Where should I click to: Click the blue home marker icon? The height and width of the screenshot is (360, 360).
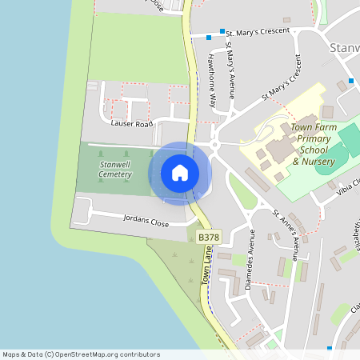180,173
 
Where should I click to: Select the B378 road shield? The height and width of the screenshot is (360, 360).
209,237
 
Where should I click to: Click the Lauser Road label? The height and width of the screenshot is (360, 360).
132,125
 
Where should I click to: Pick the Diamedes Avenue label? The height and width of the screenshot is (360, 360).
250,260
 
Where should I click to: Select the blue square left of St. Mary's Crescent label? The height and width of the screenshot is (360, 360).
209,37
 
